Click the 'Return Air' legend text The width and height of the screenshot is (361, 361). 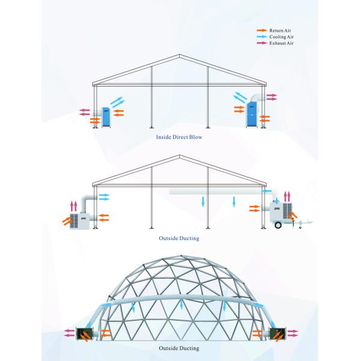tap(280, 29)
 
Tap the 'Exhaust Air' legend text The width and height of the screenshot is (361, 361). tap(281, 44)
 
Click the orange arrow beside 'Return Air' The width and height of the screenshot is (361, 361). tap(262, 29)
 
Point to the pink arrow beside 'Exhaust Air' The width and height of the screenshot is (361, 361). tap(262, 44)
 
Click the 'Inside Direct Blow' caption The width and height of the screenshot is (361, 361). tap(179, 137)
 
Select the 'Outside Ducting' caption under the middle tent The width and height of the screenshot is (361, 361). tap(179, 238)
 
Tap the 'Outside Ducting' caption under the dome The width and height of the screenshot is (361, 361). tap(179, 348)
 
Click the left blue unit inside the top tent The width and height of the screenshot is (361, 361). tap(106, 116)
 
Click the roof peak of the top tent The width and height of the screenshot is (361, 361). tap(180, 55)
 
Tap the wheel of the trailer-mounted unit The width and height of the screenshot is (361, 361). tap(277, 226)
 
